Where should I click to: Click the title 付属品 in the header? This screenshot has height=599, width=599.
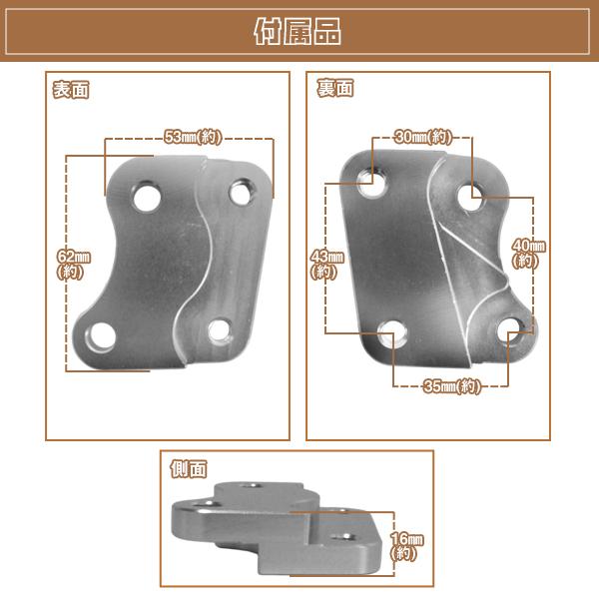click(299, 32)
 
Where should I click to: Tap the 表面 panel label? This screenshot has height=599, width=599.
click(71, 90)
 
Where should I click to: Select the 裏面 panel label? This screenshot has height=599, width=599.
click(335, 89)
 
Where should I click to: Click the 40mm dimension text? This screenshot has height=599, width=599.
click(527, 253)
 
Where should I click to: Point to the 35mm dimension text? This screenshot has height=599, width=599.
click(450, 386)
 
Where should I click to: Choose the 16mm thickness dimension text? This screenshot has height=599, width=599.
click(405, 545)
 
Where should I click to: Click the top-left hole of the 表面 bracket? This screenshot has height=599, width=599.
click(148, 194)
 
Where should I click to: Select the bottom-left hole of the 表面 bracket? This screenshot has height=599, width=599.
click(100, 336)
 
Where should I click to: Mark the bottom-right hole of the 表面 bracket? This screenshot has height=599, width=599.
click(220, 328)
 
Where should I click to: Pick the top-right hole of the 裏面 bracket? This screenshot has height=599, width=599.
click(473, 198)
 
